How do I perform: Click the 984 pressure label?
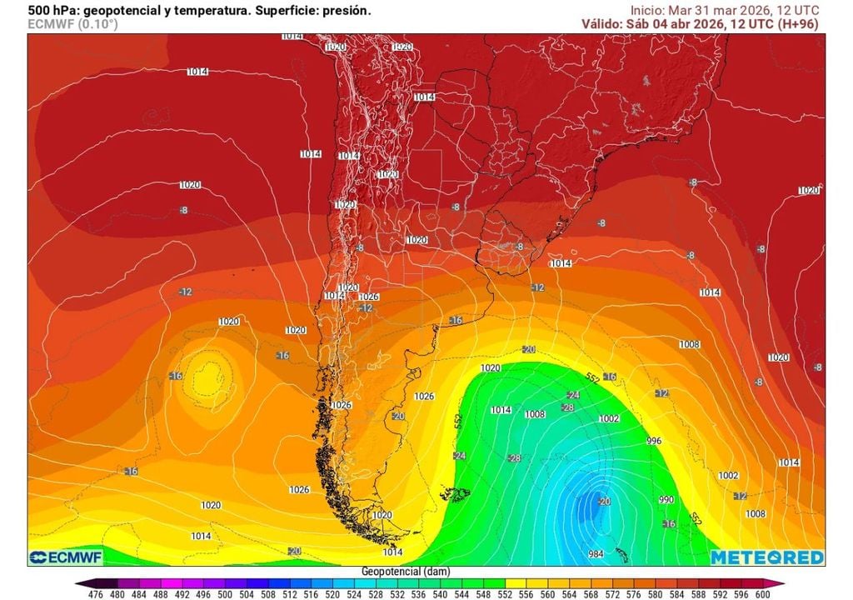(x=596, y=554)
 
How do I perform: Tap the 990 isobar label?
(x=666, y=499)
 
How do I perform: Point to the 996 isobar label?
(x=654, y=441)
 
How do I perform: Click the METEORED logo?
(x=767, y=557)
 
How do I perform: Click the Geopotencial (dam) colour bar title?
(x=403, y=571)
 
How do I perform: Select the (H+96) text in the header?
(x=797, y=23)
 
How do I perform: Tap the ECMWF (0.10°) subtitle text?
(x=72, y=24)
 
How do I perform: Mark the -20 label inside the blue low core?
(x=604, y=501)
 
